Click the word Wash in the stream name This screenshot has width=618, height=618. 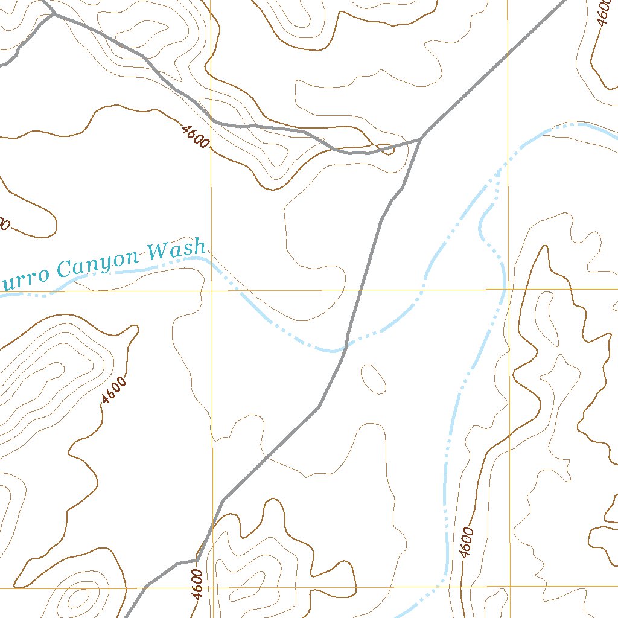(177, 250)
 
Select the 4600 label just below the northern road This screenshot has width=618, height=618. (195, 135)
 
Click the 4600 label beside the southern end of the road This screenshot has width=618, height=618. (197, 584)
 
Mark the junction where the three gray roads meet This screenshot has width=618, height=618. (419, 139)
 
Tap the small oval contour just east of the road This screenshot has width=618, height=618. (373, 378)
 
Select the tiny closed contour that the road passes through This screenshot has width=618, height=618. (385, 148)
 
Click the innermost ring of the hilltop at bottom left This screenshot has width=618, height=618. (78, 599)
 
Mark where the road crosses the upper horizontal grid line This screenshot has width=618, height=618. (361, 290)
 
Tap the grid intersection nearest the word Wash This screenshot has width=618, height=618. (212, 291)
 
